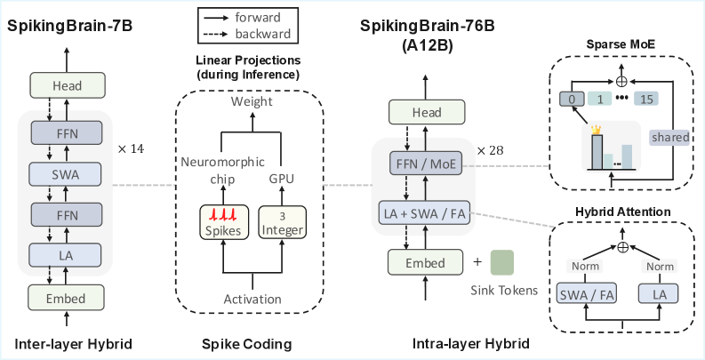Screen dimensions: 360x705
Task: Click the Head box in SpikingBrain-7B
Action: [66, 85]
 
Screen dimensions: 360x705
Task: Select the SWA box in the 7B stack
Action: [66, 173]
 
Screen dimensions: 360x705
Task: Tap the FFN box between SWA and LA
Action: [66, 214]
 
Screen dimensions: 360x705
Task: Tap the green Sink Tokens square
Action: [503, 262]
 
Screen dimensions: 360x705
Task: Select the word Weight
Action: [252, 102]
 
